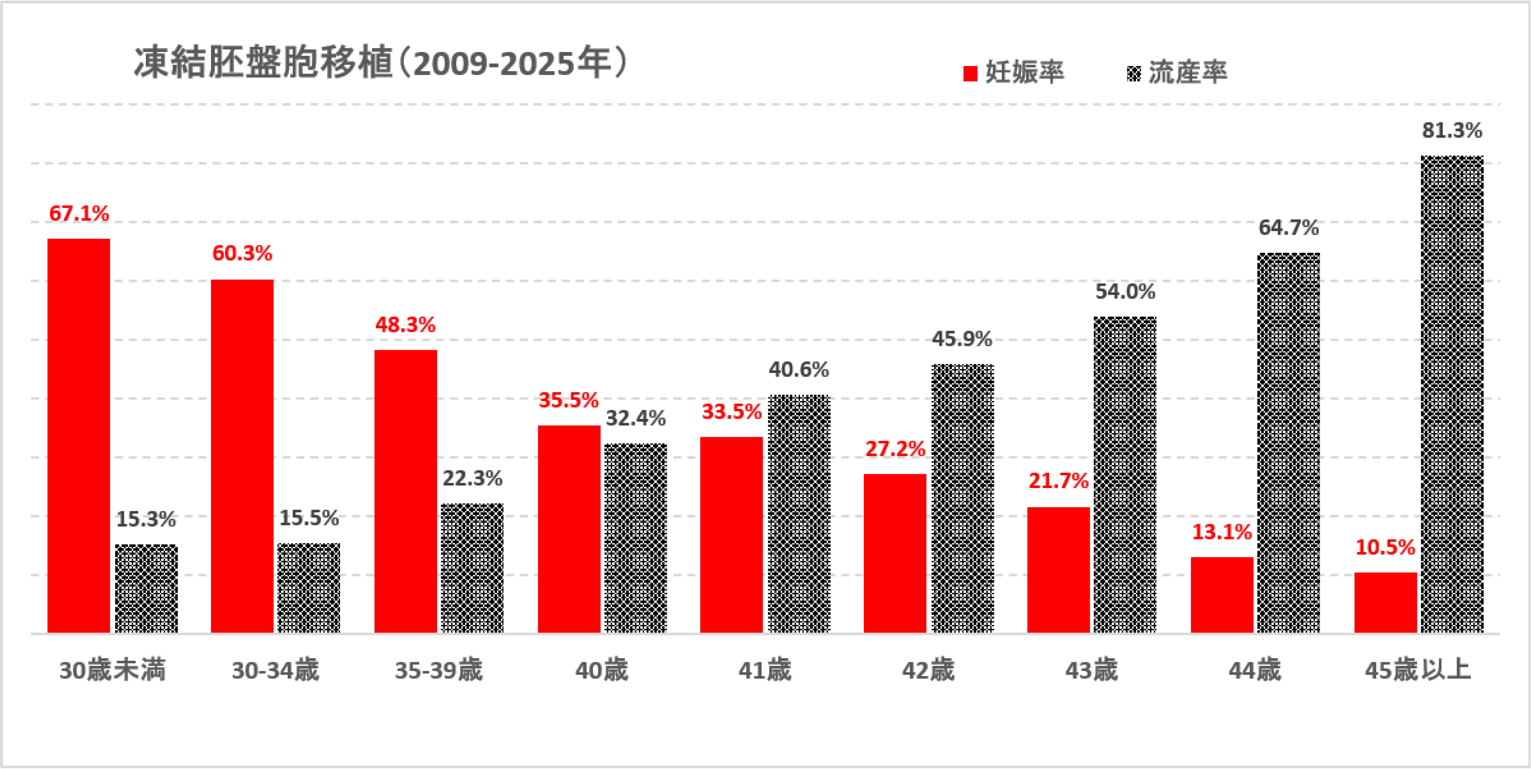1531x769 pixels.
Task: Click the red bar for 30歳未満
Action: point(79,436)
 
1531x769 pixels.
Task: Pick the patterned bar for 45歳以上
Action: point(1452,395)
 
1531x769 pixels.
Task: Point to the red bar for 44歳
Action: point(1222,595)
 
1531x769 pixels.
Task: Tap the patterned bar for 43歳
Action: point(1125,475)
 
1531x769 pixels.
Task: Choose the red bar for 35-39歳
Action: point(405,491)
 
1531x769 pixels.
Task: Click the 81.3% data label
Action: point(1452,130)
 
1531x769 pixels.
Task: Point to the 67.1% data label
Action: point(79,213)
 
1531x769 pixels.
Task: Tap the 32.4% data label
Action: point(635,418)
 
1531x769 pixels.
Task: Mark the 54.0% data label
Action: point(1125,292)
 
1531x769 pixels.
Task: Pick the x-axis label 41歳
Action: point(765,670)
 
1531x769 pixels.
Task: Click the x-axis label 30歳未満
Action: point(112,670)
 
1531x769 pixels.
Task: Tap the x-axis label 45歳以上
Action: point(1417,670)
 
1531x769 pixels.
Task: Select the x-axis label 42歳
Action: point(928,670)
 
